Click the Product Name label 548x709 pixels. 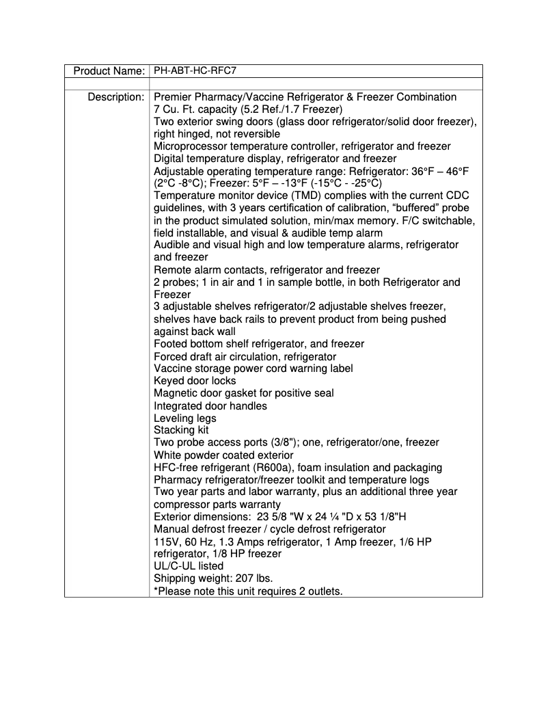pos(109,71)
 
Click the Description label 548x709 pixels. pos(115,97)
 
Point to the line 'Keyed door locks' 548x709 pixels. pos(195,381)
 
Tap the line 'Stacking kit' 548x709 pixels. pos(181,430)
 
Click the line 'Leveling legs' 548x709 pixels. pos(184,418)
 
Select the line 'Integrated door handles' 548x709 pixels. pos(210,405)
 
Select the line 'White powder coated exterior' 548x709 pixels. pos(223,455)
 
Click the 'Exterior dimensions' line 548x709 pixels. pos(280,517)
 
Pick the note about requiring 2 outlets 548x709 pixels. pos(248,591)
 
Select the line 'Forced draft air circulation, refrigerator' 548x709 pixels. pos(245,356)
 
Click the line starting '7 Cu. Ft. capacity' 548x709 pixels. pos(248,109)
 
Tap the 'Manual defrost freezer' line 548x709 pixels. pos(269,529)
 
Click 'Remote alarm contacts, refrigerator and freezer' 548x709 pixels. pos(266,270)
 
